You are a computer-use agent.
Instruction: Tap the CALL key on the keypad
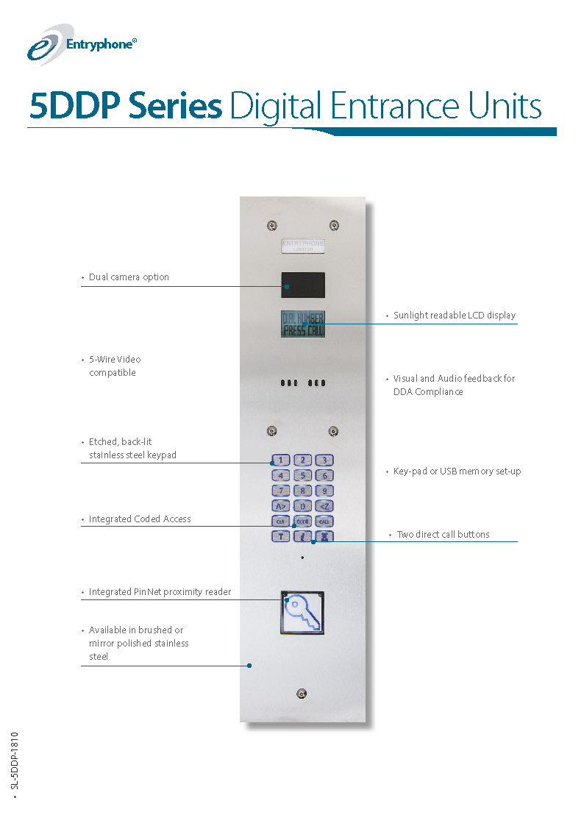[x=324, y=521]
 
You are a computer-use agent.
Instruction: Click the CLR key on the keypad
[x=280, y=521]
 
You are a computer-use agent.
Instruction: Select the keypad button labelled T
[x=280, y=536]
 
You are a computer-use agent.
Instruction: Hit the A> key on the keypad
[x=280, y=505]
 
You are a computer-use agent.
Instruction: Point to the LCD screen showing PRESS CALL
[x=302, y=324]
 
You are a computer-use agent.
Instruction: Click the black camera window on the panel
[x=302, y=285]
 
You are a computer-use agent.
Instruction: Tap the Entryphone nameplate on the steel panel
[x=303, y=246]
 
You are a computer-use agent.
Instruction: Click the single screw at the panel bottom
[x=302, y=694]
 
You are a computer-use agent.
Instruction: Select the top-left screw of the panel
[x=272, y=225]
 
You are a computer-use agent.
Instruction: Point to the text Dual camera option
[x=129, y=277]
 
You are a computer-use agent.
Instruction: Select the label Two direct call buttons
[x=443, y=535]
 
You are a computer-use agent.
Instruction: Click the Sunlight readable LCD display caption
[x=454, y=316]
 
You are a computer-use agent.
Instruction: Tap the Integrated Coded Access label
[x=140, y=519]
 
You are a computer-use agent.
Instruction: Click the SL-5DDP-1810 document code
[x=14, y=761]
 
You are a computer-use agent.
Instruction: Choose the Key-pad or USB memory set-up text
[x=457, y=471]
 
